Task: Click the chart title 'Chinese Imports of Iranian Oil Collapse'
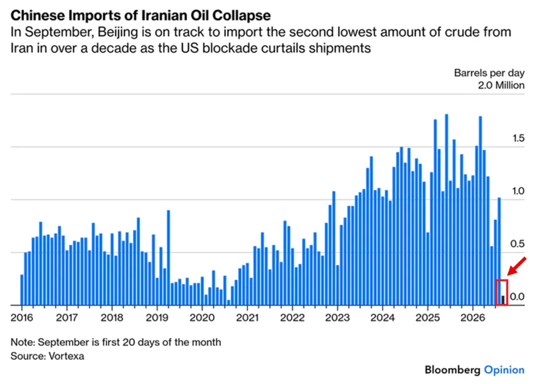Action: [x=140, y=15]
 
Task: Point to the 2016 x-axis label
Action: [x=22, y=317]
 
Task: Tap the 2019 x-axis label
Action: [x=157, y=317]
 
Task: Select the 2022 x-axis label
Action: [x=292, y=317]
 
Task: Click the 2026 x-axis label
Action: [x=473, y=317]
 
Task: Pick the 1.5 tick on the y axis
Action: [x=518, y=138]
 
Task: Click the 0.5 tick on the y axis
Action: [x=517, y=244]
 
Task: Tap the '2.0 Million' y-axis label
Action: [x=501, y=85]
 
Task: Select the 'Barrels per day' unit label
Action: [x=489, y=73]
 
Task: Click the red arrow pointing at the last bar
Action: [x=517, y=267]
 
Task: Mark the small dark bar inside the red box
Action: [x=503, y=300]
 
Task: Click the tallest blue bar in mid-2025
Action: [x=447, y=210]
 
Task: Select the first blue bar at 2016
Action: [x=22, y=290]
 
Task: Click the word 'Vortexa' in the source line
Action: [x=67, y=356]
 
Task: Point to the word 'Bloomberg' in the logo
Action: [x=453, y=370]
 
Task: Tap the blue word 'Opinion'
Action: [x=505, y=371]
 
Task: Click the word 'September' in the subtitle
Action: [x=59, y=33]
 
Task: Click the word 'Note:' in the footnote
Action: [x=23, y=342]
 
